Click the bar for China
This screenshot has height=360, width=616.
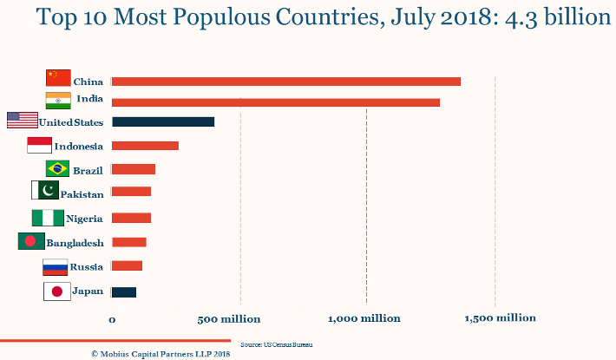286,82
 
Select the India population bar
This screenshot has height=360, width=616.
276,102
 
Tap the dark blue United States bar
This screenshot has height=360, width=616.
163,122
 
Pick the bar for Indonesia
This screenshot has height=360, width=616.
145,146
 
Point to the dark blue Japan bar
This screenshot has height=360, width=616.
124,291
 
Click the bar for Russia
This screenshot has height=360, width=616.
127,266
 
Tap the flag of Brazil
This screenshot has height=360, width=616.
57,168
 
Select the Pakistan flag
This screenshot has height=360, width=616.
44,190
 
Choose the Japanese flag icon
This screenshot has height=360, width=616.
56,291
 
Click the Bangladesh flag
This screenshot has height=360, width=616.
30,241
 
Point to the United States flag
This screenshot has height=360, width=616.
22,121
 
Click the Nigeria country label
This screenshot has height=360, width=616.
84,219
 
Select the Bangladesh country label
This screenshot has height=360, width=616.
75,243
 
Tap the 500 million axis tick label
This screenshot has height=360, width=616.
229,319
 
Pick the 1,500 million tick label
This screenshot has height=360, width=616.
500,318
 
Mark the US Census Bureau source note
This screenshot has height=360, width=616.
276,344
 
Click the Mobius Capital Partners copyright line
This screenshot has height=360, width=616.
161,354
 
